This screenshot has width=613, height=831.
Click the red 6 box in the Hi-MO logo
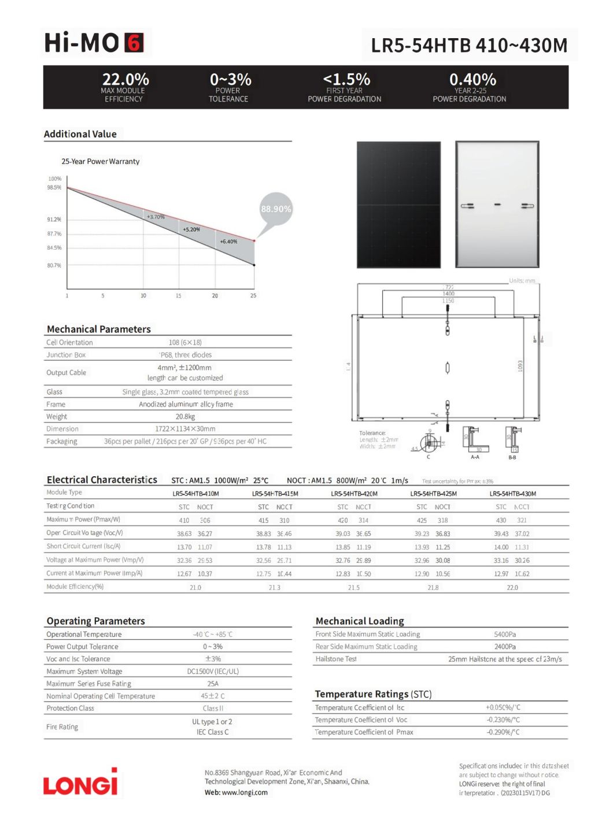pos(134,43)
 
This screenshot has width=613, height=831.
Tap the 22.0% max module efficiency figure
pos(125,79)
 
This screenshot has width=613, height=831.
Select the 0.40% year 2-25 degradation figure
pos(472,79)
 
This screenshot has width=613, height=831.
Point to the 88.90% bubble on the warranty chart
pos(276,209)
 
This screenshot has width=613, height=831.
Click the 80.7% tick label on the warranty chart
pos(54,265)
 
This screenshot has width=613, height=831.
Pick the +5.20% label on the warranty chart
pos(191,229)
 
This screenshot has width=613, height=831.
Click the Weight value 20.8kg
pos(185,417)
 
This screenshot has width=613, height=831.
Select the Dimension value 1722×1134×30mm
pos(185,429)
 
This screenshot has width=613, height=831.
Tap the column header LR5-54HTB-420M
pos(354,494)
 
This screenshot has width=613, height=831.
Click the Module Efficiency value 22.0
pos(512,587)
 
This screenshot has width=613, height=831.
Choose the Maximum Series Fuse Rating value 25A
pos(213,684)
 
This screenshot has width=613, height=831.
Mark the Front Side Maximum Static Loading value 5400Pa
pos(505,634)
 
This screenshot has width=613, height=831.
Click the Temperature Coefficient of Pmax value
pos(503,732)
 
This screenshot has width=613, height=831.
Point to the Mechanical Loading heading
pos(360,621)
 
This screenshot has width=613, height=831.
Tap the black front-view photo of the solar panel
pos(398,205)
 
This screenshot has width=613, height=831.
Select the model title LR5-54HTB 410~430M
pos(469,45)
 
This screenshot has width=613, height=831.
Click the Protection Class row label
pos(70,708)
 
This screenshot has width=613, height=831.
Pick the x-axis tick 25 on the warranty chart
pos(253,295)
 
